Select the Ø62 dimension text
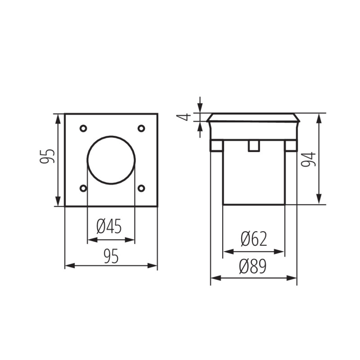pyautogui.click(x=254, y=239)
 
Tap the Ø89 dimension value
pyautogui.click(x=253, y=267)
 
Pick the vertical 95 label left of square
pyautogui.click(x=49, y=157)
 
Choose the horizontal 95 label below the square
pyautogui.click(x=111, y=256)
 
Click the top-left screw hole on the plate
pyautogui.click(x=83, y=129)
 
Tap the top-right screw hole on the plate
pyautogui.click(x=141, y=129)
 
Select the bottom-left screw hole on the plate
pyautogui.click(x=83, y=188)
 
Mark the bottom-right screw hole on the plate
pyautogui.click(x=141, y=188)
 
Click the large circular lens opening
pyautogui.click(x=111, y=159)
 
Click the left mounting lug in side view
pyautogui.click(x=216, y=145)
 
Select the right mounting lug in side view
pyautogui.click(x=291, y=145)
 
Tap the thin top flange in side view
pyautogui.click(x=254, y=117)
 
